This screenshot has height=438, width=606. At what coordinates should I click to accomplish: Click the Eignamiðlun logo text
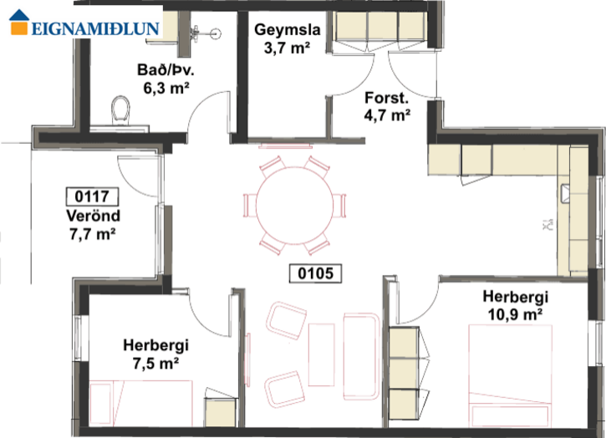[x=95, y=28]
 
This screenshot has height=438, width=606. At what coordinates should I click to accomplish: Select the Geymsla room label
[x=288, y=30]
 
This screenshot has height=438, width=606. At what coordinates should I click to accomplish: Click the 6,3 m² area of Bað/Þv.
[x=166, y=88]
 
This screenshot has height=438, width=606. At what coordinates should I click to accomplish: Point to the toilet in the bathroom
[x=120, y=109]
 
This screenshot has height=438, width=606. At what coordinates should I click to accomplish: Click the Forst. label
[x=386, y=98]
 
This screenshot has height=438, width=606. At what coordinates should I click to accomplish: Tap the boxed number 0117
[x=92, y=196]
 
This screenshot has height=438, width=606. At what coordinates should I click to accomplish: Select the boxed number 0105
[x=315, y=273]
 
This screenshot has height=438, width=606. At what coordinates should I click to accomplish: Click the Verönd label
[x=93, y=216]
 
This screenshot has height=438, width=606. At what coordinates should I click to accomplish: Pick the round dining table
[x=294, y=206]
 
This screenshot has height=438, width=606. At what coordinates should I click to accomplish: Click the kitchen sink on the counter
[x=565, y=194]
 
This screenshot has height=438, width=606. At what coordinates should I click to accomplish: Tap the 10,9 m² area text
[x=515, y=314]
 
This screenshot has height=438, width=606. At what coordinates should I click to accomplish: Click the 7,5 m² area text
[x=155, y=363]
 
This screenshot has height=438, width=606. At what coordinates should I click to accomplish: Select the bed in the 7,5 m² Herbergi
[x=141, y=403]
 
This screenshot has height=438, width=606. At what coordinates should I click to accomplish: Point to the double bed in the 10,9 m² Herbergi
[x=510, y=376]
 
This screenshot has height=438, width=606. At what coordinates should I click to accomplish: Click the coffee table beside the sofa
[x=321, y=354]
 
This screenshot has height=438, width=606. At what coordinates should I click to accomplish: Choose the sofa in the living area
[x=361, y=356]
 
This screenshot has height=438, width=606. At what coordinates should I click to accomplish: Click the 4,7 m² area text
[x=387, y=115]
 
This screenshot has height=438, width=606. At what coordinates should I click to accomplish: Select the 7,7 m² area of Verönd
[x=93, y=234]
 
